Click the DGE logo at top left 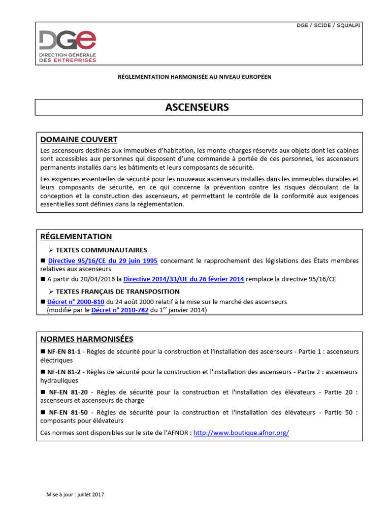(68, 46)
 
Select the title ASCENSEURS (198, 107)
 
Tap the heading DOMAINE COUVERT (79, 139)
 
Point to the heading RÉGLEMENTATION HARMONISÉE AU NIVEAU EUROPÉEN (194, 77)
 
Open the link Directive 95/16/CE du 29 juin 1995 (103, 261)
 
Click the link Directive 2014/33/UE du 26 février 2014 (184, 279)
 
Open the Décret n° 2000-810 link (71, 301)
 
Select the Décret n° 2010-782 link (120, 310)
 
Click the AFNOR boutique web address (241, 433)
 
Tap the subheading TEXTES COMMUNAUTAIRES (101, 250)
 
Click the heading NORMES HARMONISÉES (86, 339)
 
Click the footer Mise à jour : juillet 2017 (75, 494)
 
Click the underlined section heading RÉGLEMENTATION (76, 237)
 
